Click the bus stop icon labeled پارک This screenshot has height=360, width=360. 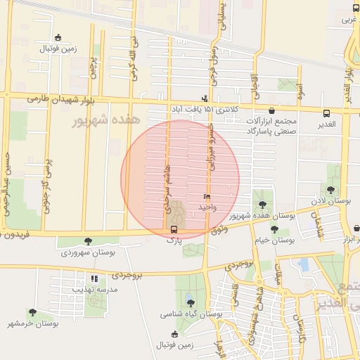click(174, 229)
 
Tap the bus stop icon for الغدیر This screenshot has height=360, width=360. click(326, 113)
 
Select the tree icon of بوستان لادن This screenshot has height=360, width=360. click(331, 190)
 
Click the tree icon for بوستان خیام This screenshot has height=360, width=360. click(274, 229)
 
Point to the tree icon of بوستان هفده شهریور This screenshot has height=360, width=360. click(263, 203)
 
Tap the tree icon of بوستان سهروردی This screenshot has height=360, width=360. click(87, 241)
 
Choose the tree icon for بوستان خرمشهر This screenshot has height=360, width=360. click(32, 311)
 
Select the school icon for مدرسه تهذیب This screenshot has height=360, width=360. click(95, 278)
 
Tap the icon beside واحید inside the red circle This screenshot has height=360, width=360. click(207, 197)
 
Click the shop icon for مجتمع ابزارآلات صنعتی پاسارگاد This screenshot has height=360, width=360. click(272, 110)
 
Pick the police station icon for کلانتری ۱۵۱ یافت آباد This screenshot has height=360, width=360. click(204, 99)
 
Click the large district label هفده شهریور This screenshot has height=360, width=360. click(106, 121)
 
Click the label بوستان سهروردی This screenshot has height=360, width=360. click(87, 252)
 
